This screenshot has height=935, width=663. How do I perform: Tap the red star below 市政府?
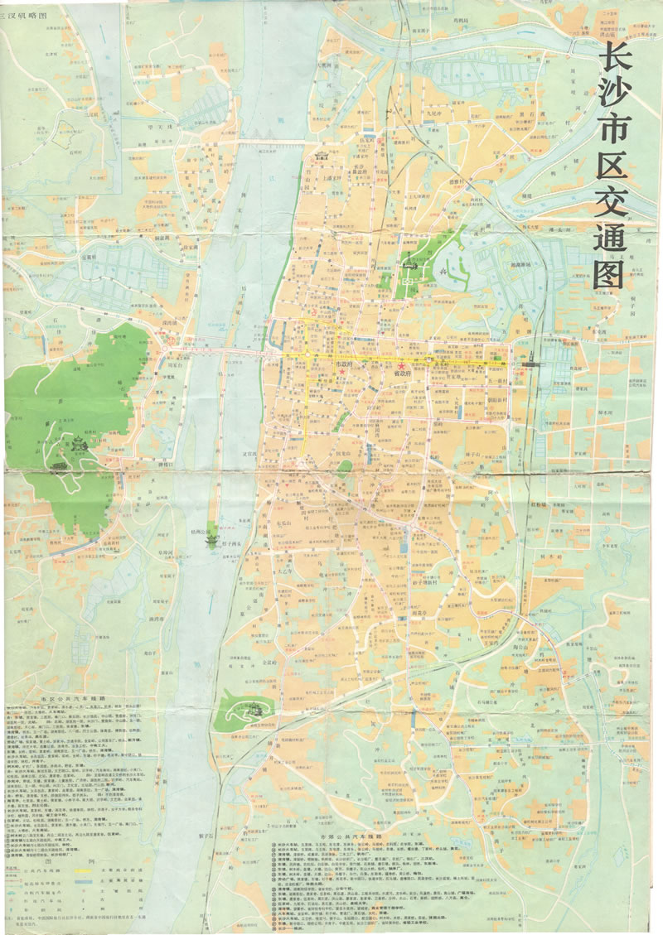[x=342, y=373]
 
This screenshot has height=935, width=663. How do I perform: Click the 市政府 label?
[x=343, y=364]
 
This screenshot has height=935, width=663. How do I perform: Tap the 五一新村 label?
[x=498, y=378]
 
